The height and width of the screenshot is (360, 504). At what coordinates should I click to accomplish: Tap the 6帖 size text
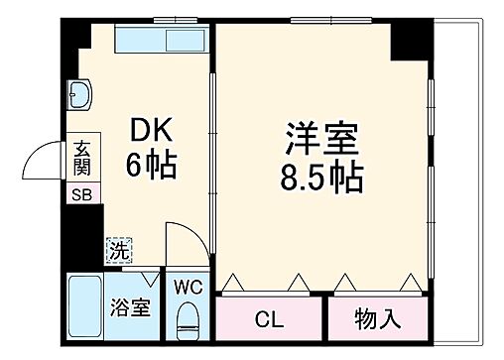tap(151, 165)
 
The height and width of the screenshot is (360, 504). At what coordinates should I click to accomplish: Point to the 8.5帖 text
tap(319, 179)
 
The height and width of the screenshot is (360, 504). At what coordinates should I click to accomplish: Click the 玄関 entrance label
tap(81, 160)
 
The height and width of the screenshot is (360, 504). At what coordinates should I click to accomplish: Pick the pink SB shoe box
tap(80, 194)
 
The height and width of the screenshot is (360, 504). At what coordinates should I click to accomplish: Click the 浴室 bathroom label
tap(131, 305)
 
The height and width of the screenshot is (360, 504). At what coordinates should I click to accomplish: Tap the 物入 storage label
tap(378, 319)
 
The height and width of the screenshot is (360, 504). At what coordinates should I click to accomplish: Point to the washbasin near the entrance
tap(78, 95)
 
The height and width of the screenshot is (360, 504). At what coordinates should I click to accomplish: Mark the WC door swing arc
tap(181, 243)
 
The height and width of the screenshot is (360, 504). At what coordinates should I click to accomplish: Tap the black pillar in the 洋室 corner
tap(406, 41)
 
